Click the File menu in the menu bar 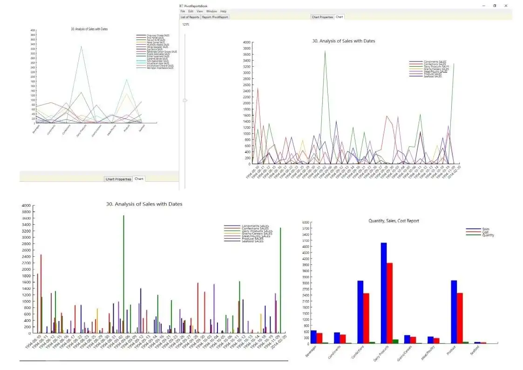[182, 11]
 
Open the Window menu [211, 11]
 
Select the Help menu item [224, 11]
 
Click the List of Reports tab [190, 17]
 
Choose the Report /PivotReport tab [215, 17]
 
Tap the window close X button [506, 6]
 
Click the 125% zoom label [186, 24]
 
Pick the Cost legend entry [486, 232]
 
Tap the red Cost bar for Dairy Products [390, 303]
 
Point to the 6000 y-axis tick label [306, 222]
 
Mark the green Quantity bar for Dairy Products [395, 341]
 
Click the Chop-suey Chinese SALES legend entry [158, 35]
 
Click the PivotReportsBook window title [196, 6]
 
